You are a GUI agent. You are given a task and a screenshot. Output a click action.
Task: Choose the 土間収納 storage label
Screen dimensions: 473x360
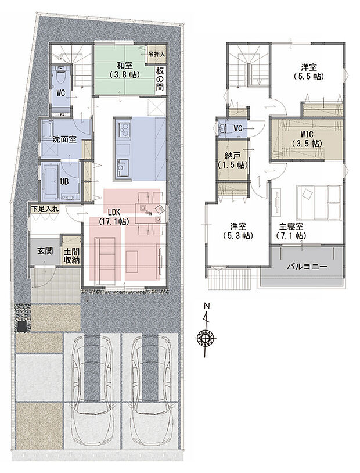[x=72, y=256]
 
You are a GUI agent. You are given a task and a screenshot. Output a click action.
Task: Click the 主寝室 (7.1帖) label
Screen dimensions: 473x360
[x=291, y=232]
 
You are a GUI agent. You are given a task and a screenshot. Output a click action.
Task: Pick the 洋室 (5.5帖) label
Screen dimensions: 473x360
[x=308, y=71]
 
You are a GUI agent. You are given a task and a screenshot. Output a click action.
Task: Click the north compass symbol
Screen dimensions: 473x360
[x=206, y=336]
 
